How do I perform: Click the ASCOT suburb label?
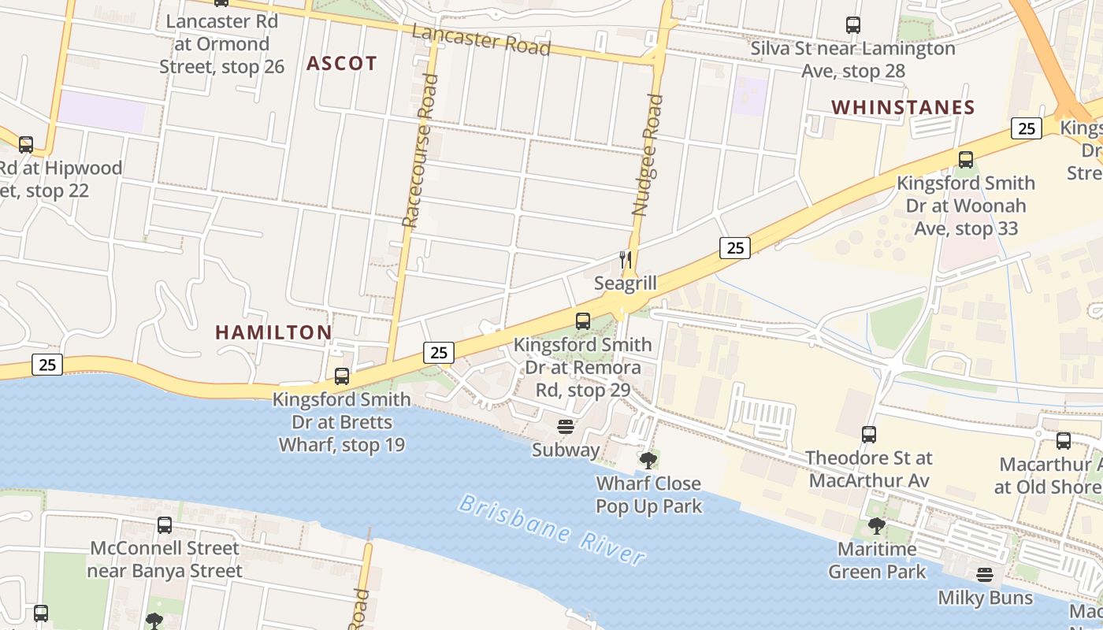pyautogui.click(x=342, y=64)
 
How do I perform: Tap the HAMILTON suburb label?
pyautogui.click(x=273, y=332)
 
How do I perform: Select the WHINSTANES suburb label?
pyautogui.click(x=903, y=107)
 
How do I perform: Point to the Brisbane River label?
pyautogui.click(x=551, y=529)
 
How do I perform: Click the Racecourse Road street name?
pyautogui.click(x=420, y=150)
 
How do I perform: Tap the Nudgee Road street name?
pyautogui.click(x=648, y=155)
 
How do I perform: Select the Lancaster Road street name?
pyautogui.click(x=481, y=39)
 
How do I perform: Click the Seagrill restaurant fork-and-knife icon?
pyautogui.click(x=626, y=259)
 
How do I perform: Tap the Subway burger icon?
pyautogui.click(x=566, y=427)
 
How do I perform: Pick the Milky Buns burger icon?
pyautogui.click(x=985, y=575)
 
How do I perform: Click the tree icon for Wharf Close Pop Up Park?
pyautogui.click(x=648, y=460)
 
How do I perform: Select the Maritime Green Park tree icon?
pyautogui.click(x=876, y=526)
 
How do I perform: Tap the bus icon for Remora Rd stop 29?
pyautogui.click(x=583, y=321)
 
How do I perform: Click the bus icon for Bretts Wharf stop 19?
pyautogui.click(x=342, y=376)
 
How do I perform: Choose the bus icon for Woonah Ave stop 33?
pyautogui.click(x=966, y=160)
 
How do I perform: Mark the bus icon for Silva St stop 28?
pyautogui.click(x=853, y=25)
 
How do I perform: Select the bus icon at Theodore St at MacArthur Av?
pyautogui.click(x=869, y=435)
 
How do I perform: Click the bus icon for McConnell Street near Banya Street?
pyautogui.click(x=165, y=525)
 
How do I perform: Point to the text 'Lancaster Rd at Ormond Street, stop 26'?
pyautogui.click(x=221, y=44)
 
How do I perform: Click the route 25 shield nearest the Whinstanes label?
pyautogui.click(x=1026, y=128)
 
